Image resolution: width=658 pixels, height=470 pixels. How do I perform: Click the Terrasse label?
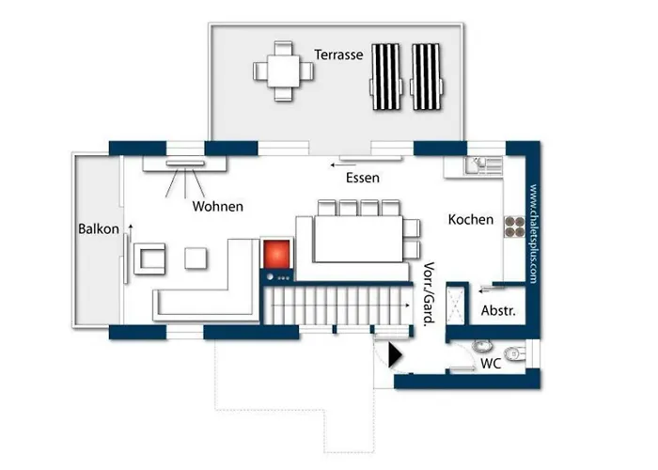point(338,55)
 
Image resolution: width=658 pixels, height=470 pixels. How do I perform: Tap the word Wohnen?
point(218,207)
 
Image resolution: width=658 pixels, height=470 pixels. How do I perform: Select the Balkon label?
point(99,228)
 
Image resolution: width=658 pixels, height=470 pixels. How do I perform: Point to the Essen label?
point(363,178)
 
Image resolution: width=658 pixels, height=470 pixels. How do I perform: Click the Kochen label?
point(470,219)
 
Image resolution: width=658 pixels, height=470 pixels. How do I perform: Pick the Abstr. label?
point(498,310)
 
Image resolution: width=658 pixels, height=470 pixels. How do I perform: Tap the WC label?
point(491,364)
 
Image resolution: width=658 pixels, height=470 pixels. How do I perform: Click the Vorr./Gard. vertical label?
point(429,293)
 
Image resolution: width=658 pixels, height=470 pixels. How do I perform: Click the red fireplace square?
point(276,255)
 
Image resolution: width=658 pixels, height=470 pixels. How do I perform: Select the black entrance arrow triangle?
point(395,355)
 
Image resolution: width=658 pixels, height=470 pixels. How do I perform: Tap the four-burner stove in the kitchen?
point(514,227)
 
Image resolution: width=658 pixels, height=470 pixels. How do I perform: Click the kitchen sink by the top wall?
point(483,164)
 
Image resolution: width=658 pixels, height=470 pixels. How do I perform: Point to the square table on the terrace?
point(283,70)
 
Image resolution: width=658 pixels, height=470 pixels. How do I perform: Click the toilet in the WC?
point(515,354)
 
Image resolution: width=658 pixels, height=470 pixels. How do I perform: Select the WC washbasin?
point(482,346)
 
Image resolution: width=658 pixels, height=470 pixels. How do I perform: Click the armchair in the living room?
point(149,258)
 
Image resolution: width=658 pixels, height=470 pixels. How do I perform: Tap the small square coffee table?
point(196,258)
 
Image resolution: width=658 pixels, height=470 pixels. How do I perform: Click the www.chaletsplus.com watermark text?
point(533,233)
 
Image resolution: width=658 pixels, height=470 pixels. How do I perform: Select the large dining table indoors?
point(358,239)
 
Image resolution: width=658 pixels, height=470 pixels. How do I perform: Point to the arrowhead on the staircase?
point(408,305)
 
